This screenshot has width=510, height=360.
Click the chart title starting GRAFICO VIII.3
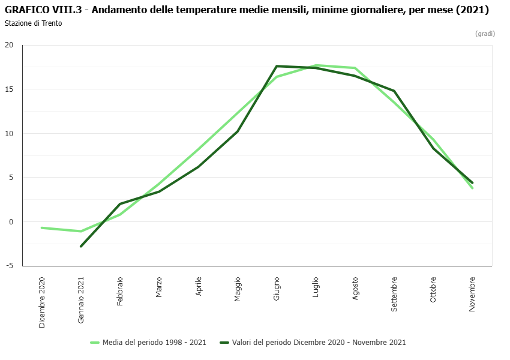coord(247,10)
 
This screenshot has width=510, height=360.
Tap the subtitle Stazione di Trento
coord(33,23)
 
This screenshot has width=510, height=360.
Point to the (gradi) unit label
coord(485,34)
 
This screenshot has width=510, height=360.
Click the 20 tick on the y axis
coord(9,45)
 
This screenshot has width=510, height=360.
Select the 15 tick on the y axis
coord(9,89)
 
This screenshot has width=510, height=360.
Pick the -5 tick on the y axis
coord(9,266)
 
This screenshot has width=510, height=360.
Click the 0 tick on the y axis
coord(10,222)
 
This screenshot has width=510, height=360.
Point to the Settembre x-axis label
coord(394,294)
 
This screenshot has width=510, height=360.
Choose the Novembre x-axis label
coord(472,293)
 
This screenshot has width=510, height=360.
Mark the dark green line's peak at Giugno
coord(277,66)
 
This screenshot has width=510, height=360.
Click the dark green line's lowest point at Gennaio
coord(81,246)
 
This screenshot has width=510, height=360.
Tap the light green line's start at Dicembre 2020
coord(42,228)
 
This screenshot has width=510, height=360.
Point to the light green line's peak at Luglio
coord(316,65)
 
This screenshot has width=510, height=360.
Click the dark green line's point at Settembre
coord(394,91)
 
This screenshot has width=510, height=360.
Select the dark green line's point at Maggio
coord(238,131)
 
